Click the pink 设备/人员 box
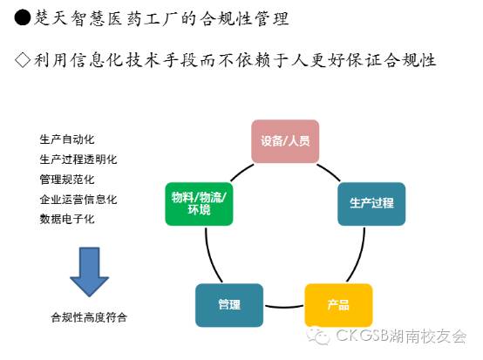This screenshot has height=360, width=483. pyautogui.click(x=285, y=141)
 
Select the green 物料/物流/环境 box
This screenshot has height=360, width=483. pyautogui.click(x=199, y=204)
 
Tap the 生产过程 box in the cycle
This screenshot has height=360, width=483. pyautogui.click(x=371, y=204)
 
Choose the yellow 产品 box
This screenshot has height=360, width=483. pyautogui.click(x=338, y=305)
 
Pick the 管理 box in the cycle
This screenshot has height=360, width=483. pyautogui.click(x=229, y=305)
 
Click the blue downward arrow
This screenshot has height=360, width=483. pyautogui.click(x=89, y=272)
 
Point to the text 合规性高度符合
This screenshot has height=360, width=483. pyautogui.click(x=89, y=317)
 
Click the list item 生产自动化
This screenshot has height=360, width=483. pyautogui.click(x=67, y=139)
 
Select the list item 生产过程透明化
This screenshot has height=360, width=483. pyautogui.click(x=78, y=160)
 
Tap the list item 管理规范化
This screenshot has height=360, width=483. pyautogui.click(x=67, y=180)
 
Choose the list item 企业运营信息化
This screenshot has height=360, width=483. pyautogui.click(x=78, y=200)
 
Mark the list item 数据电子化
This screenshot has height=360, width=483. pyautogui.click(x=67, y=220)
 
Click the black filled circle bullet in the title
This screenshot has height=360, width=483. pyautogui.click(x=23, y=17)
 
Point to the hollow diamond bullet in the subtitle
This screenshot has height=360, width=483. pyautogui.click(x=23, y=59)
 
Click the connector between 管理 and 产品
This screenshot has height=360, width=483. pyautogui.click(x=284, y=307)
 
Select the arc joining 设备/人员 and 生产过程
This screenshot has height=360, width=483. pyautogui.click(x=330, y=172)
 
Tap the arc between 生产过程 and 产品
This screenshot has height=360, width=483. pyautogui.click(x=358, y=255)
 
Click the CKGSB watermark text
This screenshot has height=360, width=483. pyautogui.click(x=401, y=336)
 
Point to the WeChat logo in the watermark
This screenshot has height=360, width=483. pyautogui.click(x=318, y=336)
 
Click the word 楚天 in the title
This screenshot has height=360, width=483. pyautogui.click(x=51, y=17)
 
